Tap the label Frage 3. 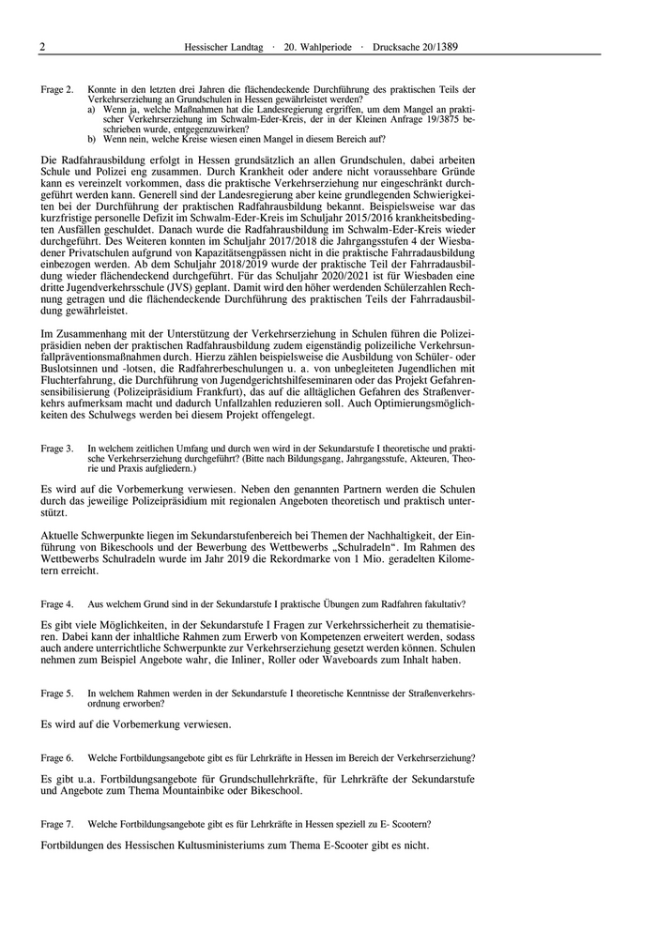57,449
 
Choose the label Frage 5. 57,693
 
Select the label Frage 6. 57,757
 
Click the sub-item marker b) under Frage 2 92,139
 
